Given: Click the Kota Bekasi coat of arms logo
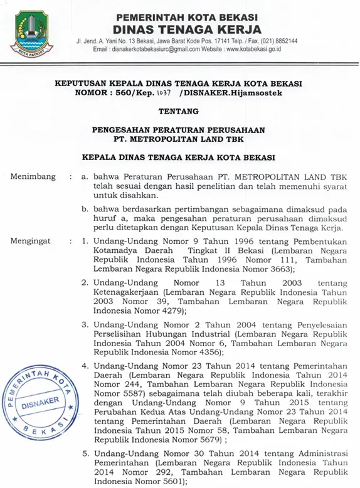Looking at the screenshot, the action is point(29,31).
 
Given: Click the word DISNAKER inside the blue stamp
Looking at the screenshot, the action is point(40,403).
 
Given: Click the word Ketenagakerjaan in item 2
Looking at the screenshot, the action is point(128,292).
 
